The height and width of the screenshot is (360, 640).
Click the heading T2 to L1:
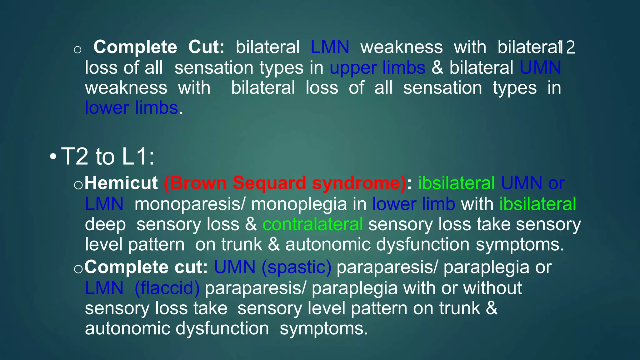coord(107,156)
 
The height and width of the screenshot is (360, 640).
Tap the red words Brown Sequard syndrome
coord(285,183)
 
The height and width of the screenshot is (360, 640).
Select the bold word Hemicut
coord(121,183)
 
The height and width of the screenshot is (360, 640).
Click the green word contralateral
coord(312,224)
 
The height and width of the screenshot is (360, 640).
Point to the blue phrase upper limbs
coord(377,68)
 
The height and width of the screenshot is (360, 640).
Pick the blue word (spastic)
coord(296,267)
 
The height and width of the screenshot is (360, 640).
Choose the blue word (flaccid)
coord(167,288)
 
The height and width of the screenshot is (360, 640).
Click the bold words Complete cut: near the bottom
coord(146,267)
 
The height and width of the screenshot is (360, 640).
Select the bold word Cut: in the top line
coord(206,47)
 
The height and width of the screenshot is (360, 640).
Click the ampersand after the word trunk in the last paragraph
coord(492,308)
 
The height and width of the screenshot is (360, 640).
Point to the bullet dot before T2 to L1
coord(53,156)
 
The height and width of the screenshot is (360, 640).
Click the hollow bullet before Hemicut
coord(78,185)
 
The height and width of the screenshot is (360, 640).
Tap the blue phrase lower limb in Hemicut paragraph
coord(413,204)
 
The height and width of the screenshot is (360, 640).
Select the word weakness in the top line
coord(402,47)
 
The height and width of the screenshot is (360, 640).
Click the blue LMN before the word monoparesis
coord(104,204)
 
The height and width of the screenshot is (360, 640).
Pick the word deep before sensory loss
coord(105,224)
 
